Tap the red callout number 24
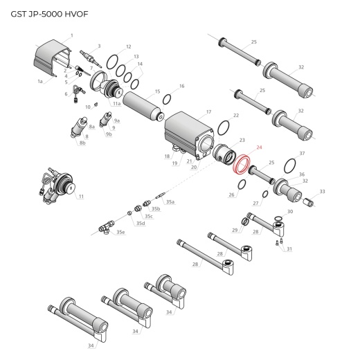tap(260, 147)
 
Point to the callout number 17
tap(208, 111)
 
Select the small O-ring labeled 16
tap(168, 99)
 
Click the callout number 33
tap(322, 191)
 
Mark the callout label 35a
tap(170, 201)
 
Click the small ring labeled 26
tap(240, 185)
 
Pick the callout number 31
tap(289, 249)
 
